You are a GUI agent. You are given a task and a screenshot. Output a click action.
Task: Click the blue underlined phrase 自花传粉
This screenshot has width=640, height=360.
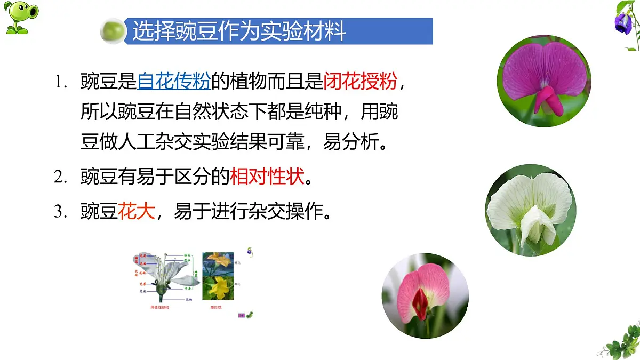[174, 82]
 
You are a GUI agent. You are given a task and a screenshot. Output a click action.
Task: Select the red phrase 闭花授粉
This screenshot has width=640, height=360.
[361, 82]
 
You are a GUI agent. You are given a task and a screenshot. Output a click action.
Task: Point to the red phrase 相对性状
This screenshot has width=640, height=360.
[267, 176]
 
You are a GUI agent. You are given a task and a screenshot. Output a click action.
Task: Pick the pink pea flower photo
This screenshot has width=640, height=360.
[425, 294]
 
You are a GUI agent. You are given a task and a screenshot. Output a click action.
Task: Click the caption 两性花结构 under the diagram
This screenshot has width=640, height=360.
[161, 308]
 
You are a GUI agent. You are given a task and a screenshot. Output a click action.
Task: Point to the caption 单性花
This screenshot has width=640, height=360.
[215, 308]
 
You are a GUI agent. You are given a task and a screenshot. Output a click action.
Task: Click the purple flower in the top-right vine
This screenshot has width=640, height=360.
[621, 22]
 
